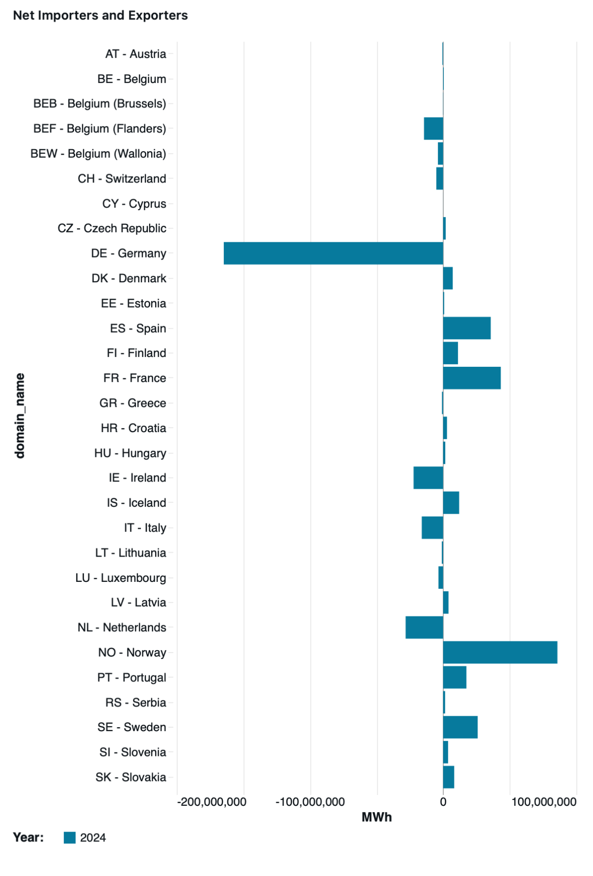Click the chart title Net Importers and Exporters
tap(100, 15)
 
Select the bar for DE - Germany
tap(334, 253)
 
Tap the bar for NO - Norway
tap(500, 652)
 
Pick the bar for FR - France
tap(472, 378)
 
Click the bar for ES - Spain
tap(467, 328)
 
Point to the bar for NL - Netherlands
tap(424, 627)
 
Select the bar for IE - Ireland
tap(428, 478)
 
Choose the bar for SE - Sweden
tap(461, 727)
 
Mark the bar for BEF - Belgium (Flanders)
tap(434, 129)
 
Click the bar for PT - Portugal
tap(455, 677)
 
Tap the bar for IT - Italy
tap(432, 527)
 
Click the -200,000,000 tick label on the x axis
tap(212, 802)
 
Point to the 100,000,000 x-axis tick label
tap(544, 802)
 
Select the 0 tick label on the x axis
tap(443, 802)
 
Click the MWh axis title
tap(377, 817)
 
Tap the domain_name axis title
tap(20, 416)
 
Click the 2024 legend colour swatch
tap(70, 837)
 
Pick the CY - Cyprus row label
tap(134, 204)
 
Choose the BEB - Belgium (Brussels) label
tap(100, 104)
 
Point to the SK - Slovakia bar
tap(449, 777)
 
